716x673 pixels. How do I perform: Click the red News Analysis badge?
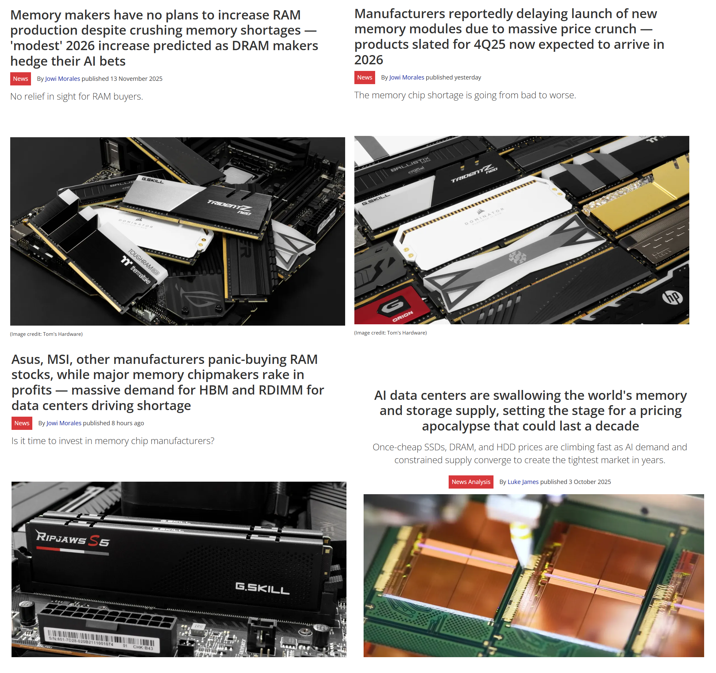click(471, 482)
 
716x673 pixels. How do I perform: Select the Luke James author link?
click(522, 482)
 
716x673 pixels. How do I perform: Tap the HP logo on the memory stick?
click(672, 297)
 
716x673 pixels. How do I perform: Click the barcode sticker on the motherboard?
click(102, 639)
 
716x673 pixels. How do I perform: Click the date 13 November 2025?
click(136, 79)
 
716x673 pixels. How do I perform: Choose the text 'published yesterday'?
click(453, 77)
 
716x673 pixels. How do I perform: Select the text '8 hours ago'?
click(128, 423)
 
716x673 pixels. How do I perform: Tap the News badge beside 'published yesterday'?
click(365, 77)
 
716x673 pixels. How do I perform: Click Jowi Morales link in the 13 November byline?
click(63, 79)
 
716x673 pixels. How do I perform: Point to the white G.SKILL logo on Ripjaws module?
click(262, 588)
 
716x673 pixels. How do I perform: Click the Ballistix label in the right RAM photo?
click(411, 164)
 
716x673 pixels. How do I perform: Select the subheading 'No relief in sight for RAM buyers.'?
click(77, 96)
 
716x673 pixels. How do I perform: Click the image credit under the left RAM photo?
click(46, 334)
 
